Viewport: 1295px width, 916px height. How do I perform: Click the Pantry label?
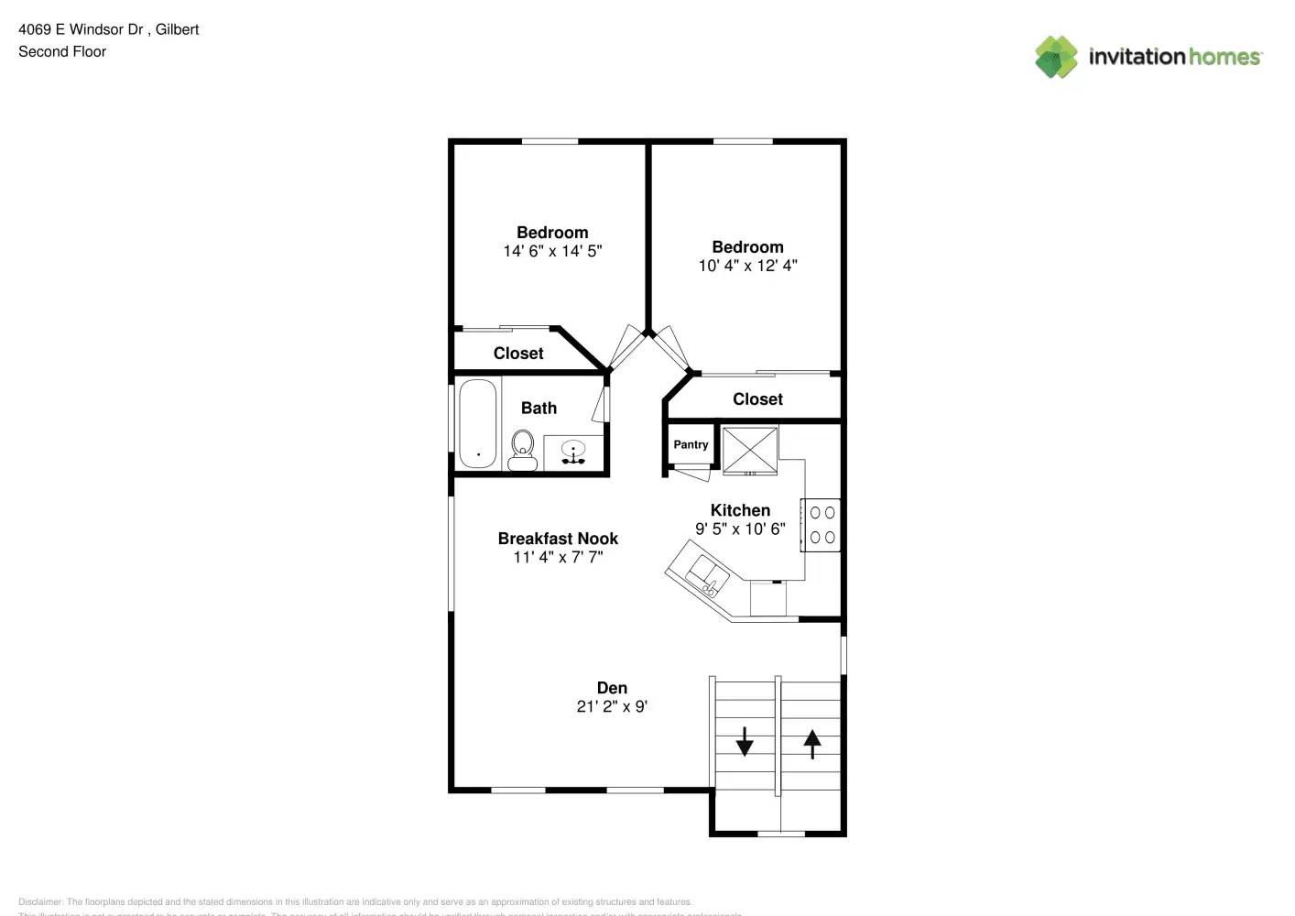[x=691, y=444]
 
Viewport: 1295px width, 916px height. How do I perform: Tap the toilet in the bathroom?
[x=523, y=448]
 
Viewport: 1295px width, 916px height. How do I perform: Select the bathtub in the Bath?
[x=477, y=424]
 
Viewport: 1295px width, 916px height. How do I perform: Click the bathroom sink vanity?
[x=574, y=453]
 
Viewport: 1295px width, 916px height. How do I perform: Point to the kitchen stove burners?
[x=822, y=525]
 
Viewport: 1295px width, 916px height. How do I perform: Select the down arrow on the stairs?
[x=745, y=740]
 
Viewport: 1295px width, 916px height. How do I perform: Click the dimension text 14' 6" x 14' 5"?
[x=552, y=251]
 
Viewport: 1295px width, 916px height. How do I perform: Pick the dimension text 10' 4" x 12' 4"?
[x=747, y=266]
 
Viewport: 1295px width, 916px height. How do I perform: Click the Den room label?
[x=612, y=688]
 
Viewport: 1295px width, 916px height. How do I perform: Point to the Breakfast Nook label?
[x=558, y=539]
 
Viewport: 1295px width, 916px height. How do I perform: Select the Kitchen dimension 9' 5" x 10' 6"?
[x=740, y=529]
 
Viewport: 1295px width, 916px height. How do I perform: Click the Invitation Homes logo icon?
[x=1056, y=57]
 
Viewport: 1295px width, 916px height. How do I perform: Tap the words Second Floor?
[x=62, y=51]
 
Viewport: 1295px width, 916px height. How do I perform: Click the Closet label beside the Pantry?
[x=757, y=399]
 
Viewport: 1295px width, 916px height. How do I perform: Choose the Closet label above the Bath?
[x=518, y=354]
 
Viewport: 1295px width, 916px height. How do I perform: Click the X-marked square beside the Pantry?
[x=750, y=450]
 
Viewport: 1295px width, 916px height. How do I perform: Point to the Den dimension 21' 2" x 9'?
[x=612, y=706]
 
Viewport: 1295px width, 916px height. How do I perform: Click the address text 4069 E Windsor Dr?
[x=82, y=29]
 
